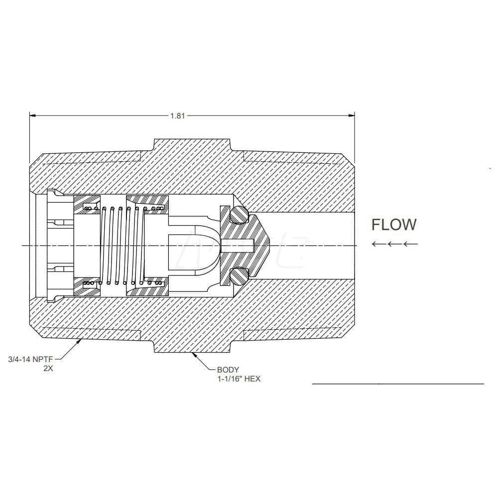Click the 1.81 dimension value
(x=177, y=116)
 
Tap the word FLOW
(x=394, y=225)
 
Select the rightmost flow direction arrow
(x=411, y=244)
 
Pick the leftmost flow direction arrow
(x=379, y=244)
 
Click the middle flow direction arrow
(x=395, y=244)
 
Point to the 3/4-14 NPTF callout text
(x=29, y=359)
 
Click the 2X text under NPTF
(x=49, y=369)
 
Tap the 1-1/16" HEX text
(x=239, y=379)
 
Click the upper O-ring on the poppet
(x=239, y=215)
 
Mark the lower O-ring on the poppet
(x=239, y=275)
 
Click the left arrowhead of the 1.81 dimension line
(x=33, y=116)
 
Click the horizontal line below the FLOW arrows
(x=398, y=384)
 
